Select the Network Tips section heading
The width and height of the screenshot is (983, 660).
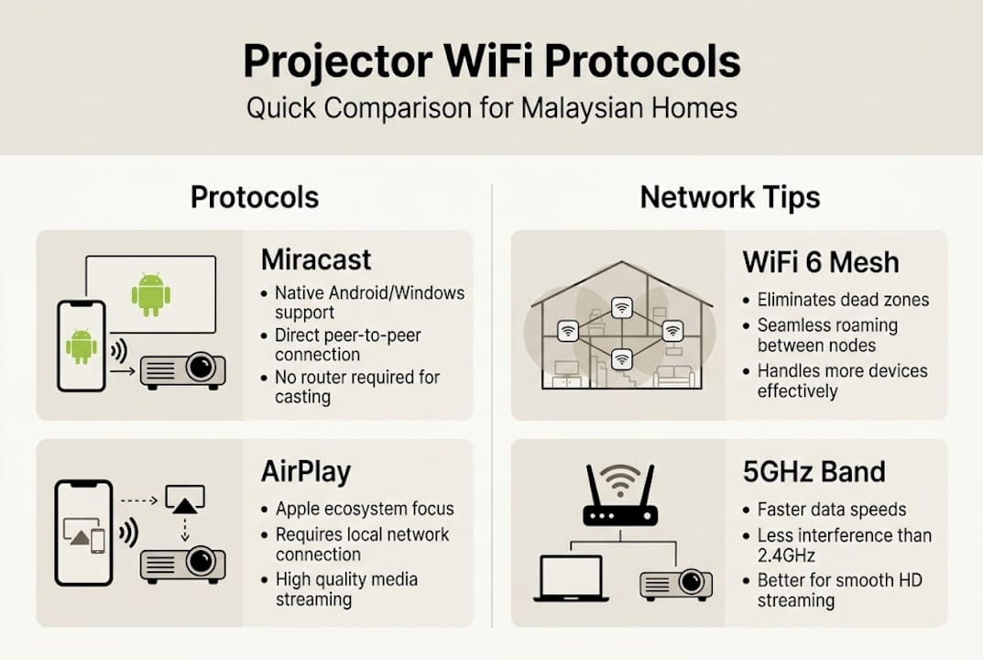point(730,196)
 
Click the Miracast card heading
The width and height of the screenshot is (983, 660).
point(316,259)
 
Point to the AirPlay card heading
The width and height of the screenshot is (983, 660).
point(306,471)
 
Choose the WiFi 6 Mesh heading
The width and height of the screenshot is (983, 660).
point(821,262)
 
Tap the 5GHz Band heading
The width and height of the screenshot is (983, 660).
point(814,471)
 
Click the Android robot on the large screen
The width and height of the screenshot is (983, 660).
point(151,293)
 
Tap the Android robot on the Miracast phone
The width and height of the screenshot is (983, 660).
point(82,346)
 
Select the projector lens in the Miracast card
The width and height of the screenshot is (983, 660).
point(201,368)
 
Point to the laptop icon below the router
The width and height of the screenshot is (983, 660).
point(571,578)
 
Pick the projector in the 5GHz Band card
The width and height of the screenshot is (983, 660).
point(676,582)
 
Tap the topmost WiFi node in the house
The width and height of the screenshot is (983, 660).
point(621,306)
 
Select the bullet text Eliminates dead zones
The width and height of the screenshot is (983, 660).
point(843,300)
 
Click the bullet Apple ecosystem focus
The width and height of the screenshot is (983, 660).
point(365,509)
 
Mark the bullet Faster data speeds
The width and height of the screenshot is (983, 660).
point(831,510)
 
